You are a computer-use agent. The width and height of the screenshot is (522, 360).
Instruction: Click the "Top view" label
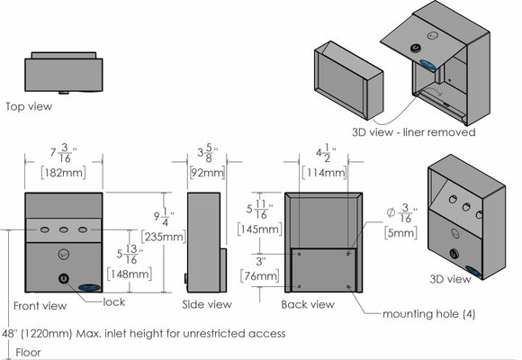(x=29, y=106)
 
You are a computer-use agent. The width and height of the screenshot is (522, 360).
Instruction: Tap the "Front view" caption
(x=40, y=306)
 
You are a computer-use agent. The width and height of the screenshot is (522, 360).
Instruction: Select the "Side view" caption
(x=207, y=304)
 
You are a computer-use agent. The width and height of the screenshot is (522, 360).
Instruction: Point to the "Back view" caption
(x=308, y=304)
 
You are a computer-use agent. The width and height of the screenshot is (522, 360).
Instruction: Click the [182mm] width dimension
(x=63, y=173)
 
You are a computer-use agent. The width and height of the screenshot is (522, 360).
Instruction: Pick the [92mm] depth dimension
(x=207, y=173)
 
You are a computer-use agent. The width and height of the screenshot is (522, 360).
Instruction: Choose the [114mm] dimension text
(x=324, y=173)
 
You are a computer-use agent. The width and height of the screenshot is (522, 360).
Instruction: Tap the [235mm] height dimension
(x=164, y=237)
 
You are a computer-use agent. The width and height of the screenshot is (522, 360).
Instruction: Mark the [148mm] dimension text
(x=130, y=274)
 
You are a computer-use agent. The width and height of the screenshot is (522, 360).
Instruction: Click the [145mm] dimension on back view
(x=260, y=229)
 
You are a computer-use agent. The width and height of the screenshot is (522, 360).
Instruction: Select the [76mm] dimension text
(x=260, y=276)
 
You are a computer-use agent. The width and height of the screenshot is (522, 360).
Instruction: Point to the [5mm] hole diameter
(x=400, y=232)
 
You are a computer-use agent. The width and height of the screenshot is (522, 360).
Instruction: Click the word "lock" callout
(x=114, y=302)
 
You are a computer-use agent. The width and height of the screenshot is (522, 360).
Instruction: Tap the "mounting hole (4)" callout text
(x=428, y=314)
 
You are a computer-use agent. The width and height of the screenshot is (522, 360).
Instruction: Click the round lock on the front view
(x=64, y=278)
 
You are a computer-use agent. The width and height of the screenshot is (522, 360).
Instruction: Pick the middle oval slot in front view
(x=64, y=229)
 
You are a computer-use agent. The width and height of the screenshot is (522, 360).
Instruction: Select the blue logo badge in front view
(x=89, y=287)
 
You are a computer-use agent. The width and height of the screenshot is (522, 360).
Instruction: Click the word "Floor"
(x=28, y=352)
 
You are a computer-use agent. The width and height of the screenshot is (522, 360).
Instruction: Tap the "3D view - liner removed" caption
(x=414, y=132)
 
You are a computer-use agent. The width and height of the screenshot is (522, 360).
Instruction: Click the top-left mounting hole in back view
(x=300, y=254)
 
